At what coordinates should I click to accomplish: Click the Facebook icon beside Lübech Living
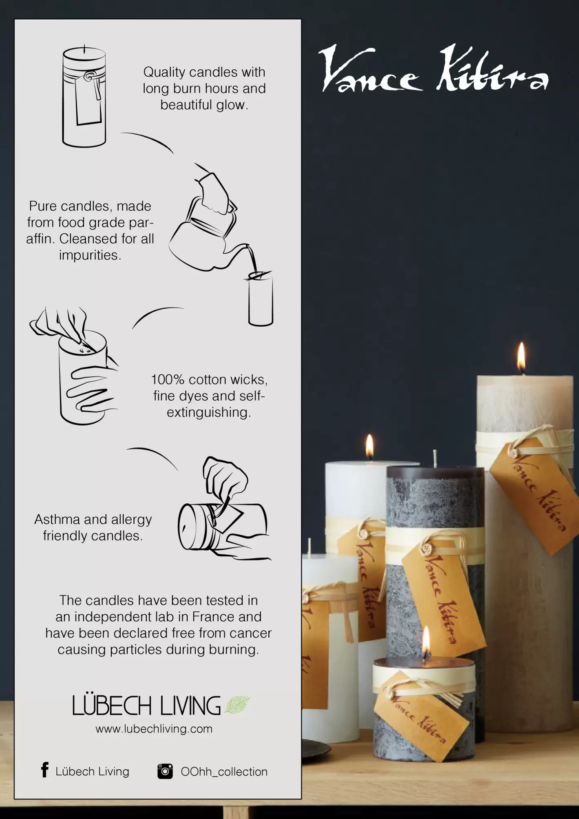tap(45, 770)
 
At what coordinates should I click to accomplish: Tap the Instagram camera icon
tap(165, 771)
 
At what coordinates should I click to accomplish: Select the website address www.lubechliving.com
tap(154, 729)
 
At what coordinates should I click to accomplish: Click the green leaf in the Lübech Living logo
tap(237, 705)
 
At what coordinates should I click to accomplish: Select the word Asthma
tap(57, 519)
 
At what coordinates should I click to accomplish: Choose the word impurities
tap(90, 255)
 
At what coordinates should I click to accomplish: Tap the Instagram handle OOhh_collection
tap(224, 772)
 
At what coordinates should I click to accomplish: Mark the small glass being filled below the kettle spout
tap(261, 299)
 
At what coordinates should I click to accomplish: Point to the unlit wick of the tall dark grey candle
tap(435, 458)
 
